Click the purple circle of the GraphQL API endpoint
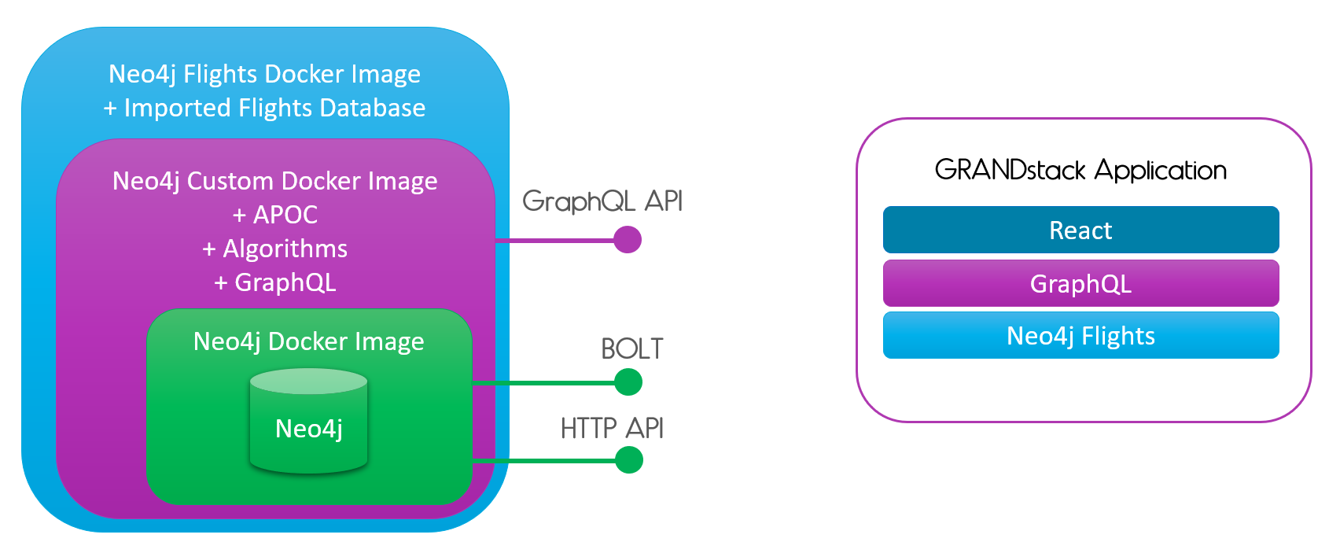(627, 239)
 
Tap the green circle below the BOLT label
(628, 382)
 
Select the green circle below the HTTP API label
(628, 459)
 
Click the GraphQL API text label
(602, 201)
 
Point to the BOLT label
(631, 348)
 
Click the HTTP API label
(612, 429)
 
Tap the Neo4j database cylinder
(308, 429)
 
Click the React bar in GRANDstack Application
(1080, 230)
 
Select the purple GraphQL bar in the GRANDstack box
(1080, 283)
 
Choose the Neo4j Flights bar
(1080, 336)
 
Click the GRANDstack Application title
(1080, 170)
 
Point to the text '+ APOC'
(275, 215)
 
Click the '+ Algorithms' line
(275, 249)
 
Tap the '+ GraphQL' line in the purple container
(275, 282)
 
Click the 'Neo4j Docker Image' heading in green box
(308, 341)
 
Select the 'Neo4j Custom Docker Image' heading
(275, 181)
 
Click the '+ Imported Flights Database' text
(264, 108)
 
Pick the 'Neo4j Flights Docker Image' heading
(264, 74)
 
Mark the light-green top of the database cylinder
(308, 382)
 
